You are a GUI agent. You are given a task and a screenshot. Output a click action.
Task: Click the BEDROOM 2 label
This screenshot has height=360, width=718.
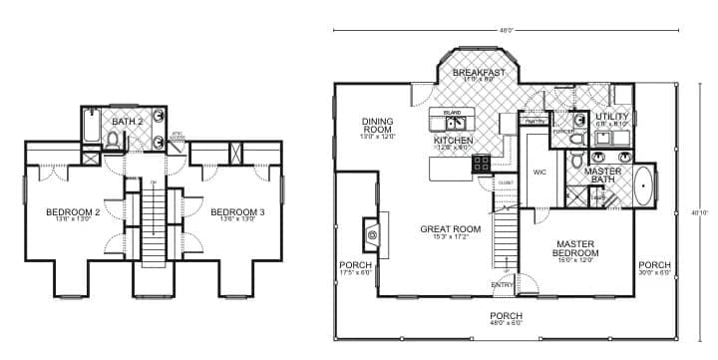pyautogui.click(x=73, y=212)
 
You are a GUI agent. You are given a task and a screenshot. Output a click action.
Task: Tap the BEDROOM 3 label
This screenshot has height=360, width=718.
pyautogui.click(x=235, y=212)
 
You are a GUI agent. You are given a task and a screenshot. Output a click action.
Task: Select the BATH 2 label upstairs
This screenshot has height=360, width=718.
pyautogui.click(x=128, y=122)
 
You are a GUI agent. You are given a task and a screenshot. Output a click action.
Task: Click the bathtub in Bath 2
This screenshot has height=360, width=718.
pyautogui.click(x=91, y=130)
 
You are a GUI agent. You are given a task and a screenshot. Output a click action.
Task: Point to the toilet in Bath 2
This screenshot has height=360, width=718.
pyautogui.click(x=114, y=142)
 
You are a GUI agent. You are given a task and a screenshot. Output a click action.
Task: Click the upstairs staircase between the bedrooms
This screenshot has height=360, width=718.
pyautogui.click(x=154, y=224)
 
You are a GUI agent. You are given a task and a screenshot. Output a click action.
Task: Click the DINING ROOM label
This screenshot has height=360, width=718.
pyautogui.click(x=378, y=123)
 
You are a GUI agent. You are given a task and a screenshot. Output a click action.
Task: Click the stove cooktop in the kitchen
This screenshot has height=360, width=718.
pyautogui.click(x=481, y=163)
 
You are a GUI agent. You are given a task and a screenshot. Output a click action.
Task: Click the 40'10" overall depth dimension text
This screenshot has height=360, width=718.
pyautogui.click(x=697, y=211)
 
